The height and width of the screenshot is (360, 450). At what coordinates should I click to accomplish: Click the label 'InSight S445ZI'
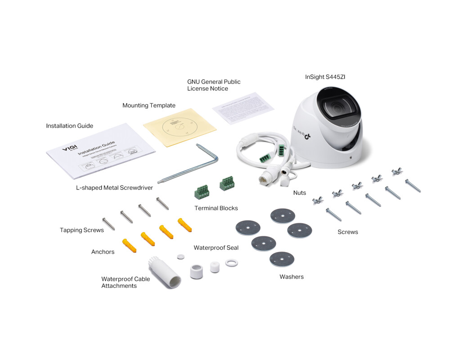pos(325,77)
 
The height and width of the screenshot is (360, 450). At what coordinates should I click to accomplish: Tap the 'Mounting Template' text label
pos(149,105)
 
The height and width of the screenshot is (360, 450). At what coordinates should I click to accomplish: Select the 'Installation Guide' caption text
pos(70,126)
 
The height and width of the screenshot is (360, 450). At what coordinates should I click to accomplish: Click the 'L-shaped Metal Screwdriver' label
pos(114,188)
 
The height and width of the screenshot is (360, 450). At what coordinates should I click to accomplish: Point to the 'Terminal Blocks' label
pos(216,208)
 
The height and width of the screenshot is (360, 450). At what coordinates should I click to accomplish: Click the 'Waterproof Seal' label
pos(216,247)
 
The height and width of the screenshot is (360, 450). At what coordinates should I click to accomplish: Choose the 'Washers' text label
pos(292,277)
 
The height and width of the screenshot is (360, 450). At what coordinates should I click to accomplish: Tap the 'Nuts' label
pos(299,193)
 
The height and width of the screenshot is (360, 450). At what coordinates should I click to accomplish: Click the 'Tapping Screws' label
pos(82,230)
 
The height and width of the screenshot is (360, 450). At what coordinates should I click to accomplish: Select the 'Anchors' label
pos(103,252)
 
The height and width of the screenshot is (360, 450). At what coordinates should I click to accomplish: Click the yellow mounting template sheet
pos(179,128)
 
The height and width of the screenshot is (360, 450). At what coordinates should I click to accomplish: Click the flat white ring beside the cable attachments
pos(231,262)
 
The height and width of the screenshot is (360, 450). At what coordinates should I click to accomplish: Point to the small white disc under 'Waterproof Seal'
pos(181,256)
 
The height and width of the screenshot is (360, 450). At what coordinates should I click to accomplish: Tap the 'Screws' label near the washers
pos(348,232)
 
